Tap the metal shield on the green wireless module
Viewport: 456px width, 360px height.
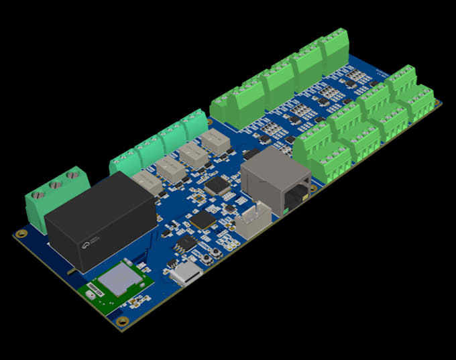coord(119,278)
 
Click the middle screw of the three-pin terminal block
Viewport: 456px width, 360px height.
coord(57,186)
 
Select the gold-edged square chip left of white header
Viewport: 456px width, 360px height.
coord(203,221)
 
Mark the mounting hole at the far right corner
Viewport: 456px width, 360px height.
coord(438,103)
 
